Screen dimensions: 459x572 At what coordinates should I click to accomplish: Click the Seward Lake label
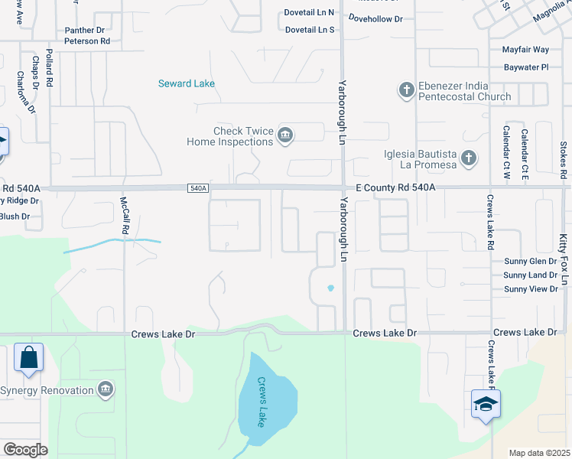(186, 83)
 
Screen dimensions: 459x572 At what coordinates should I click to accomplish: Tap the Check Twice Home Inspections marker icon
(285, 136)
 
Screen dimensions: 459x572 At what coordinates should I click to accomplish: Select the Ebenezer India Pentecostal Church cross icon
(406, 91)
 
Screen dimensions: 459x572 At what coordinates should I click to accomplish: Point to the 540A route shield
(197, 187)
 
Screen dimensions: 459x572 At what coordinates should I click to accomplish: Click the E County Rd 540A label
(395, 187)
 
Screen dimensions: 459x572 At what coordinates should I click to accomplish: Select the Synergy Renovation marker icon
(106, 390)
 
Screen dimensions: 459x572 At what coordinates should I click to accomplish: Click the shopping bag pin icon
(29, 358)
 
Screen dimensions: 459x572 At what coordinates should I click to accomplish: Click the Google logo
(25, 450)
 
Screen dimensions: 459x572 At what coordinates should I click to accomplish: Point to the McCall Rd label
(124, 216)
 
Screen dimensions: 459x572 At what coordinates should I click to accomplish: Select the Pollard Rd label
(49, 67)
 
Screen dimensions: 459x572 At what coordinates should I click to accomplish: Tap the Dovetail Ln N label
(310, 13)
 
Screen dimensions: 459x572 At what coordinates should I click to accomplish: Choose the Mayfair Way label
(525, 50)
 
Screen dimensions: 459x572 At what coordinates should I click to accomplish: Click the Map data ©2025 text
(539, 452)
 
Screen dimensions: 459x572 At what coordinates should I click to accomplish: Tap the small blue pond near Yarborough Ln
(330, 288)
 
